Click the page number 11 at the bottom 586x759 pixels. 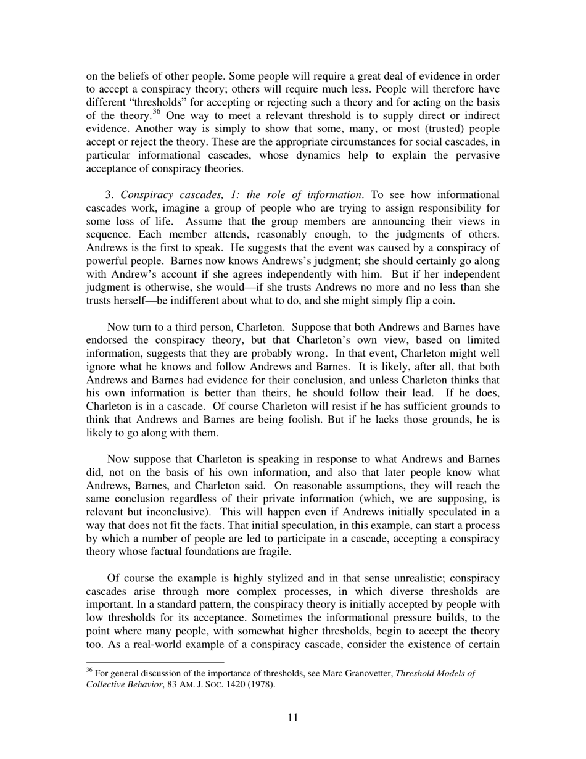click(293, 717)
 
